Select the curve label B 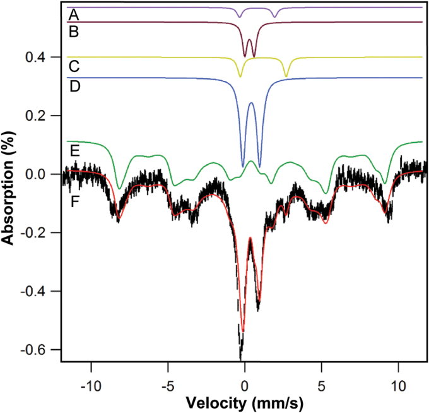[73, 32]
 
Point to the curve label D [73, 85]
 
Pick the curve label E [73, 150]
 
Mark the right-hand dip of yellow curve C [286, 76]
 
